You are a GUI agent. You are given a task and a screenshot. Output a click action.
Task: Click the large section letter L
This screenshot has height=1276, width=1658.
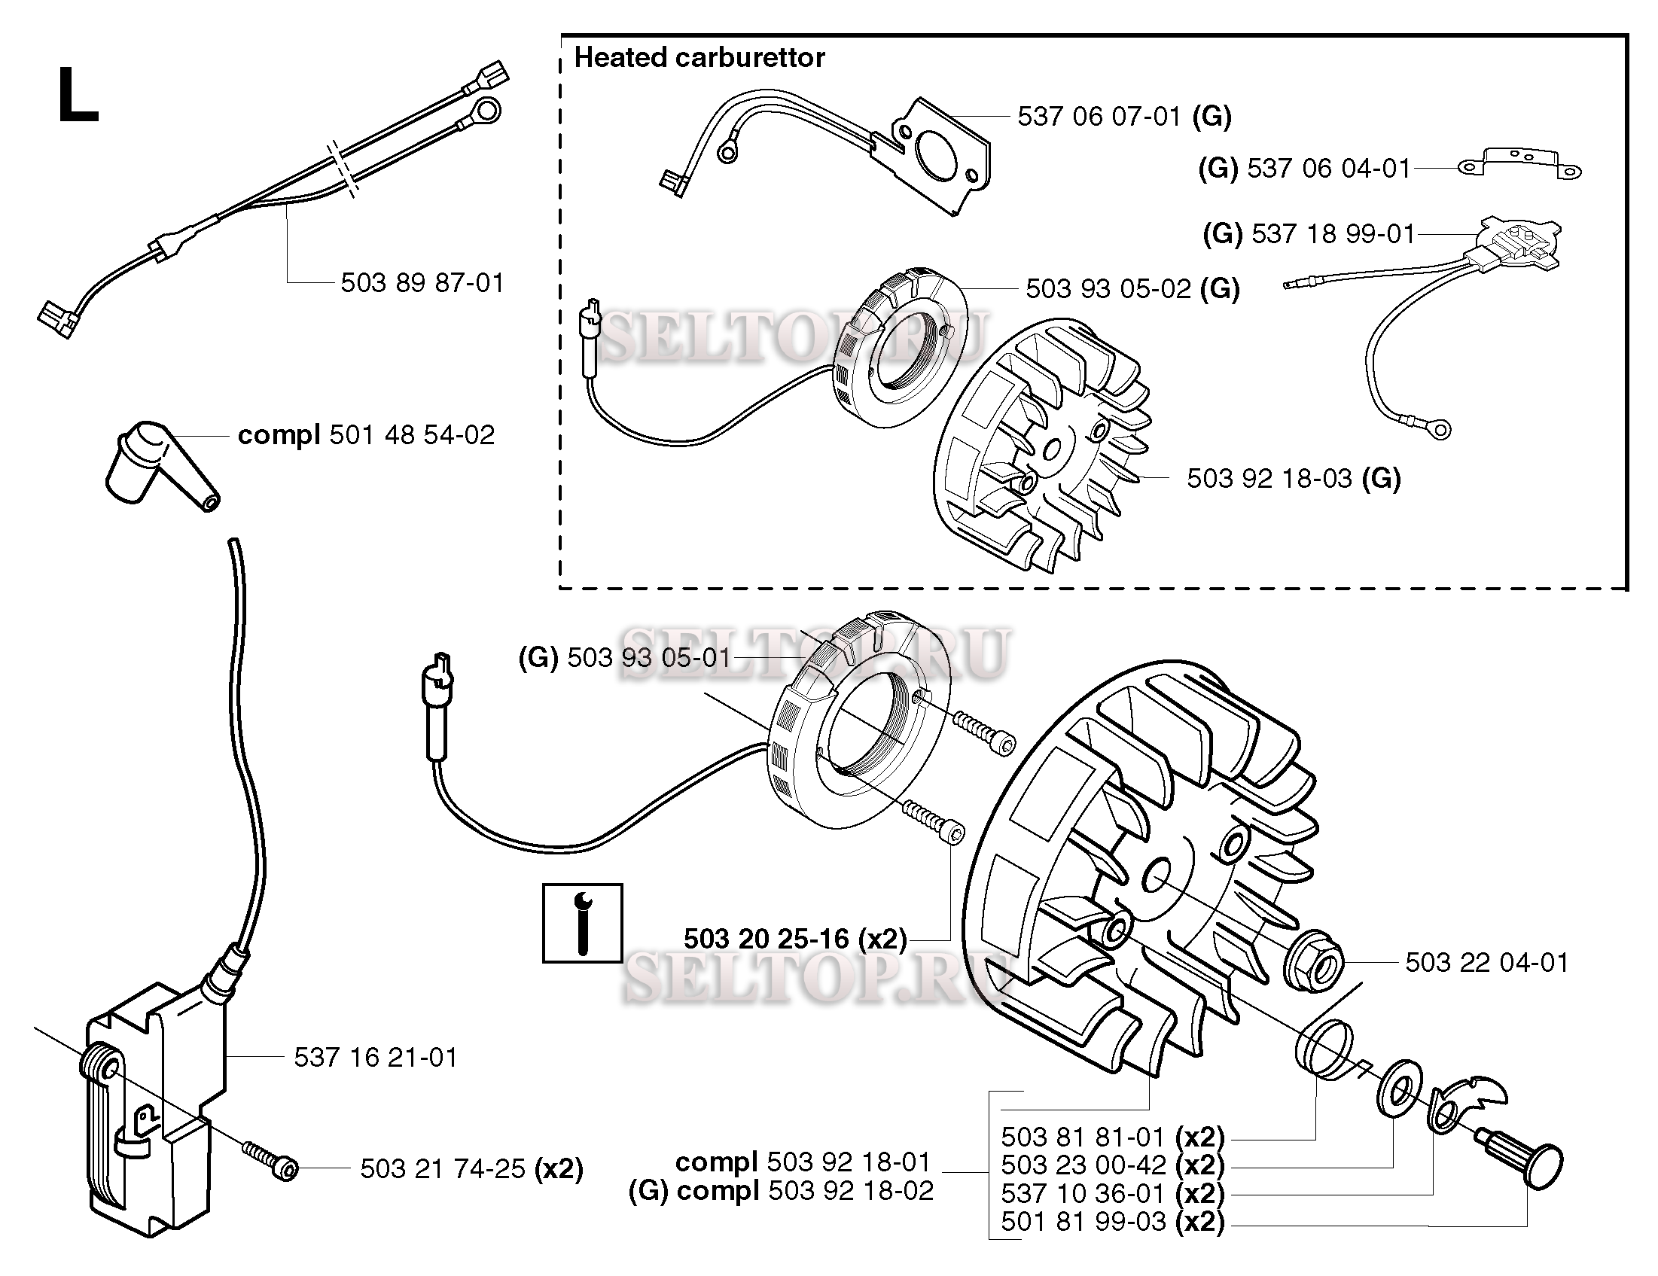pyautogui.click(x=78, y=96)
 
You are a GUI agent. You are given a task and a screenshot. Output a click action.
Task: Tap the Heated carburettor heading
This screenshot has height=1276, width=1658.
pyautogui.click(x=699, y=58)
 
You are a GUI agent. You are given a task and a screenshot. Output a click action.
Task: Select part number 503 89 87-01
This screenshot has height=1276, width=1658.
pyautogui.click(x=422, y=283)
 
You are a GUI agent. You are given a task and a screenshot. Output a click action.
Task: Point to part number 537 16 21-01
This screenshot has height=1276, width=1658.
pyautogui.click(x=376, y=1058)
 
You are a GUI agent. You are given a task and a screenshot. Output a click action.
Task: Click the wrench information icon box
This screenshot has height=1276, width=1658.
pyautogui.click(x=582, y=923)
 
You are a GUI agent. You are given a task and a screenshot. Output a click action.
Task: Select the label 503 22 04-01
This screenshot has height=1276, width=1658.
pyautogui.click(x=1486, y=963)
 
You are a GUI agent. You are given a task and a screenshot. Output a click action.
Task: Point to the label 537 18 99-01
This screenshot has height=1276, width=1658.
pyautogui.click(x=1309, y=234)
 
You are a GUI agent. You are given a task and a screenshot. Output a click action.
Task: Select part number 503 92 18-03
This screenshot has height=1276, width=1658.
pyautogui.click(x=1293, y=478)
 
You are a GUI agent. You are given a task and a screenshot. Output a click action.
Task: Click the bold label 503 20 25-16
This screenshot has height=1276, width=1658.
pyautogui.click(x=795, y=939)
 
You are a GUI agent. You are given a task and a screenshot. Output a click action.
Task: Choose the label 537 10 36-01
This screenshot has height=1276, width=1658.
pyautogui.click(x=1112, y=1193)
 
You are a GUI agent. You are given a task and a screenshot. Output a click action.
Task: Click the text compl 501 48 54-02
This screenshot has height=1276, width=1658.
pyautogui.click(x=366, y=435)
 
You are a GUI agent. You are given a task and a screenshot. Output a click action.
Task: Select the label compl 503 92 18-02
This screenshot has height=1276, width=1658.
pyautogui.click(x=781, y=1191)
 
